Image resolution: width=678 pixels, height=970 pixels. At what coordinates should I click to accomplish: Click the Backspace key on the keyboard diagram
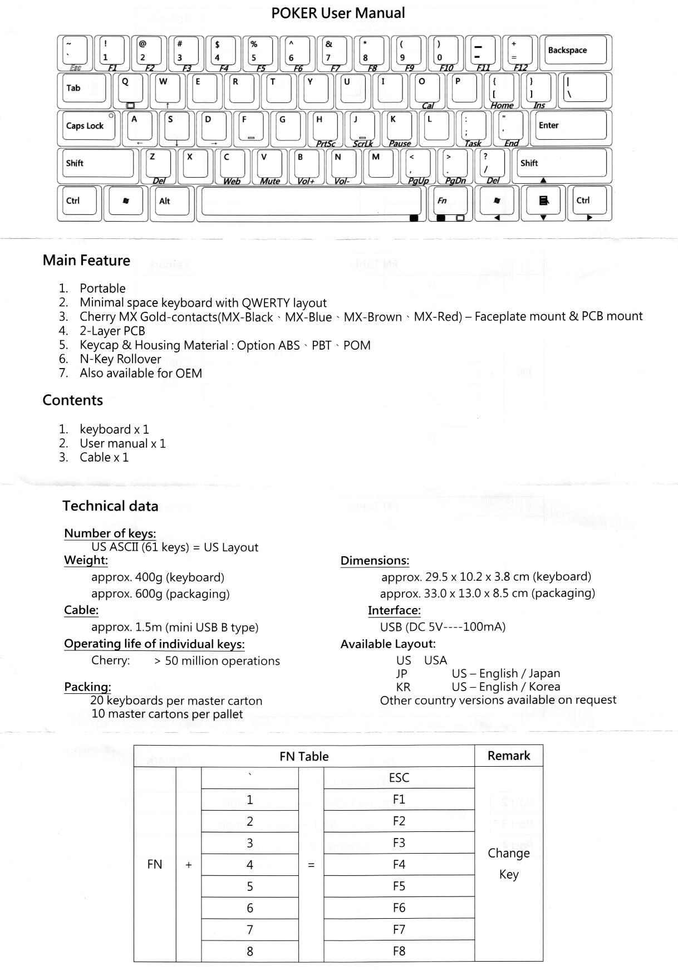[575, 51]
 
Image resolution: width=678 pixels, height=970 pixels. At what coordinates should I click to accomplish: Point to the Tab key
[82, 89]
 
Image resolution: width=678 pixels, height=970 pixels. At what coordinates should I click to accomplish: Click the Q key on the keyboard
[130, 87]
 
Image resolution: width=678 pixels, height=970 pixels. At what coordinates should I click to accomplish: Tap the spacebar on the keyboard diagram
[311, 201]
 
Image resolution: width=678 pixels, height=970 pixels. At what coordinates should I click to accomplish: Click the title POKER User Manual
[338, 13]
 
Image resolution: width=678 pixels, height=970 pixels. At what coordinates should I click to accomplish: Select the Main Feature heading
[86, 261]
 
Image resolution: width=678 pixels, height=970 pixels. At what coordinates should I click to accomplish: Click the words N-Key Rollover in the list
[120, 359]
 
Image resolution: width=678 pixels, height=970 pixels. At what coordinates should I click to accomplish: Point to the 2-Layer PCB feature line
[112, 331]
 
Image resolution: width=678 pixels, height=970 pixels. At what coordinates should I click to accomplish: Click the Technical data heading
[110, 506]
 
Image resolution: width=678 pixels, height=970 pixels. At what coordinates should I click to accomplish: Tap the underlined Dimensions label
[375, 561]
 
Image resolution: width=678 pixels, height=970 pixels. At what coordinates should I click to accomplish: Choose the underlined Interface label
[394, 610]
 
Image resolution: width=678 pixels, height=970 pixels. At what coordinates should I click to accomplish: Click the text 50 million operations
[222, 661]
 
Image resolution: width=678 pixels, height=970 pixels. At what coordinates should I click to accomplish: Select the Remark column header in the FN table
[508, 756]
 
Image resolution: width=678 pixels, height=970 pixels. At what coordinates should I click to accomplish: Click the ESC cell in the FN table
[399, 778]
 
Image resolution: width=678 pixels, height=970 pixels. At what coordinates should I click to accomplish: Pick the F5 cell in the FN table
[399, 886]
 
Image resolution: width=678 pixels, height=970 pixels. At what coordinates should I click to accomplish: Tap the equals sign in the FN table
[311, 865]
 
